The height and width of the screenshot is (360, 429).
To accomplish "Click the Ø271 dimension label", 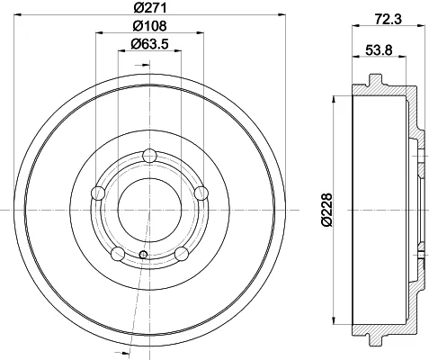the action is coord(150,7).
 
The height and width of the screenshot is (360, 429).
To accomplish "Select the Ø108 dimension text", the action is coord(149,26).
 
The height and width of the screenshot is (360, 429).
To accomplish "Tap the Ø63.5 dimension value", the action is coord(149,44).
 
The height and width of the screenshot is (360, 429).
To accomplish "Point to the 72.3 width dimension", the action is coord(388,20).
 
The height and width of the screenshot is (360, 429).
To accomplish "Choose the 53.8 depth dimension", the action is coord(379,49).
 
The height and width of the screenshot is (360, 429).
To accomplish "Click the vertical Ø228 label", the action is coord(326,210).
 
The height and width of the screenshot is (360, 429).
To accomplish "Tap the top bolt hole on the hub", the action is coord(149,156).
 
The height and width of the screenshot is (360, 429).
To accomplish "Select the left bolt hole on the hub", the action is coord(98,193).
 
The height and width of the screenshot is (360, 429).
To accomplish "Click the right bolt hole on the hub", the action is coord(201,193).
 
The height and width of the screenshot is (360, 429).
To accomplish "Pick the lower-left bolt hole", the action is coord(118,254).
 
